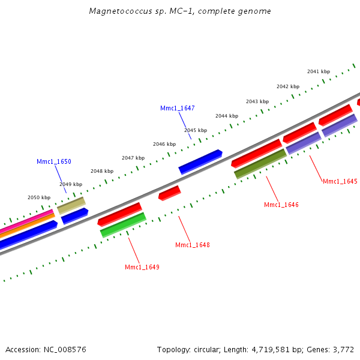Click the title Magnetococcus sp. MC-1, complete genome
click(x=179, y=11)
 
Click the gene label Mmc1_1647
click(x=177, y=108)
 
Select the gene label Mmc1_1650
click(x=53, y=161)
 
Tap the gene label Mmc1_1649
click(x=142, y=267)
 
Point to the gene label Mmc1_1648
click(x=192, y=245)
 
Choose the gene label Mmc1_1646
click(x=281, y=205)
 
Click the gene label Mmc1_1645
click(x=340, y=181)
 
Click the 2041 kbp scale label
click(x=318, y=71)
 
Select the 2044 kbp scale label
click(x=227, y=116)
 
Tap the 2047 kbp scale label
click(x=133, y=158)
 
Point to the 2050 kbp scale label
click(x=39, y=197)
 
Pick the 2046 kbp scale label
click(x=164, y=144)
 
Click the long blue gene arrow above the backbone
click(x=200, y=161)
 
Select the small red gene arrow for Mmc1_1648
click(x=169, y=193)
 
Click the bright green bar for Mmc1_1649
click(x=123, y=225)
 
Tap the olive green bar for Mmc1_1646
click(x=260, y=164)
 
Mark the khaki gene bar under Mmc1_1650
click(x=71, y=205)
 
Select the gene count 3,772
click(x=343, y=349)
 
